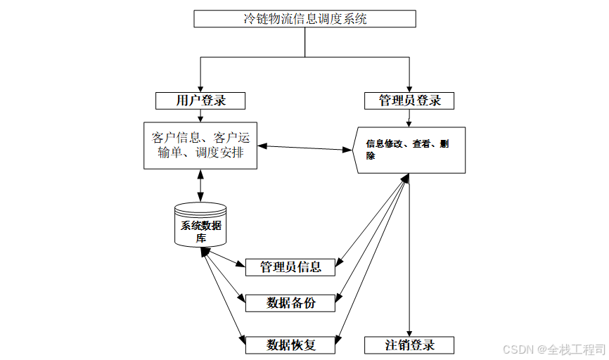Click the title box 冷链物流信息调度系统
[304, 19]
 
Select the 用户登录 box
[200, 101]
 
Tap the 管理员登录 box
[409, 101]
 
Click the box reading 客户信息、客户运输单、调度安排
[200, 144]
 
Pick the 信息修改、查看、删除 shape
[409, 149]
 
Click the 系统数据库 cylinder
[200, 225]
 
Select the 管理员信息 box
[290, 267]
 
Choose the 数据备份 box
[290, 303]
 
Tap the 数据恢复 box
[290, 345]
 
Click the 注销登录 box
[409, 345]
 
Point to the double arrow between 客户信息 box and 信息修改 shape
[304, 148]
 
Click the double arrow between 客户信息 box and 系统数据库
[200, 186]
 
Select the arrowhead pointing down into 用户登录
[200, 88]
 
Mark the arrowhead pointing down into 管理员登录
[409, 88]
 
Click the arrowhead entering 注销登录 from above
[409, 333]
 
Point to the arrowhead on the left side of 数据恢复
[241, 340]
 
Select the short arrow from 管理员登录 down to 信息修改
[409, 118]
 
